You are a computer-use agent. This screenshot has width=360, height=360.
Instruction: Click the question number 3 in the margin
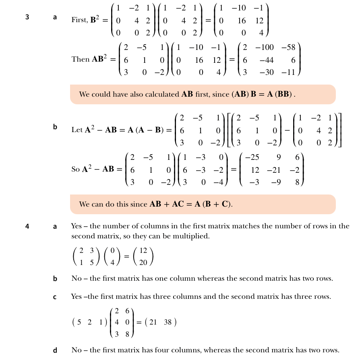point(27,17)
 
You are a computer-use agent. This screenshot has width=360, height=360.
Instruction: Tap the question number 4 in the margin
point(27,226)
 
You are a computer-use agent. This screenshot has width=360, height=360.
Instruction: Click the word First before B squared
point(79,20)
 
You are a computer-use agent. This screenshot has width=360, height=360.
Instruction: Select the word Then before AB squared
point(81,59)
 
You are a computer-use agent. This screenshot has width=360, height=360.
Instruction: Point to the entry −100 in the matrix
point(266,48)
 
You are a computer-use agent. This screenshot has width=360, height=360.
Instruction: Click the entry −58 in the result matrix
point(288,48)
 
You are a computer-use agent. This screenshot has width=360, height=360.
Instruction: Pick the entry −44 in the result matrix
point(267,60)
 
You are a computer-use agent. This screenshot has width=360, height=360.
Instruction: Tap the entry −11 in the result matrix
point(289,72)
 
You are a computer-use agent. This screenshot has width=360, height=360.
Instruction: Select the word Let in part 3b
point(77,130)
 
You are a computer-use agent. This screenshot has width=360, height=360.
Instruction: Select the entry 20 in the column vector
point(143,263)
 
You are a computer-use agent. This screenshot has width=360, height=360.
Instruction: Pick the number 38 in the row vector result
point(168,322)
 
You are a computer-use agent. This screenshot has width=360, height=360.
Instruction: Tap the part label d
point(55,350)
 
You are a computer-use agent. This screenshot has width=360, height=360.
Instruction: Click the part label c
point(55,297)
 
